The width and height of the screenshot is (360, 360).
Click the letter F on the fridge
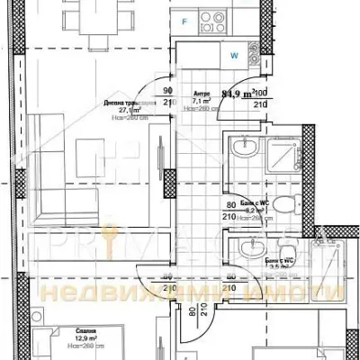click(184, 19)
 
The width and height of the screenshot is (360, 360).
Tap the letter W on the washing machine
click(234, 56)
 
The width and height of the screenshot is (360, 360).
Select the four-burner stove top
click(217, 18)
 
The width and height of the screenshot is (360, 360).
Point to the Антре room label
click(202, 92)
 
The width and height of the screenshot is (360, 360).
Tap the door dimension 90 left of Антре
click(167, 91)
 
